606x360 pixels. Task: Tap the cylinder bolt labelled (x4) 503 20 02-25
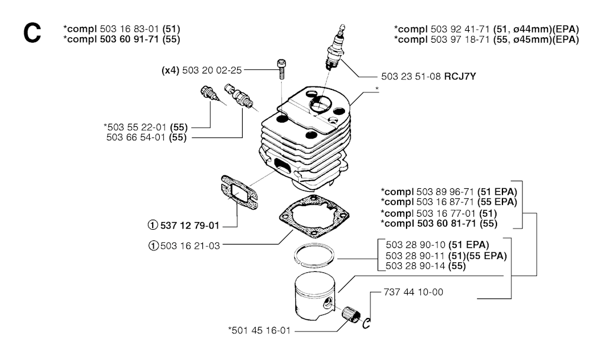281,69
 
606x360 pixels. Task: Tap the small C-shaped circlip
367,322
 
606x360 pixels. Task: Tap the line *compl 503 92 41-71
486,30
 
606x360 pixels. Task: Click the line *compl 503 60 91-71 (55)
121,39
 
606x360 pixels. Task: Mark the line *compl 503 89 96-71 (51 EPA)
450,192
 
